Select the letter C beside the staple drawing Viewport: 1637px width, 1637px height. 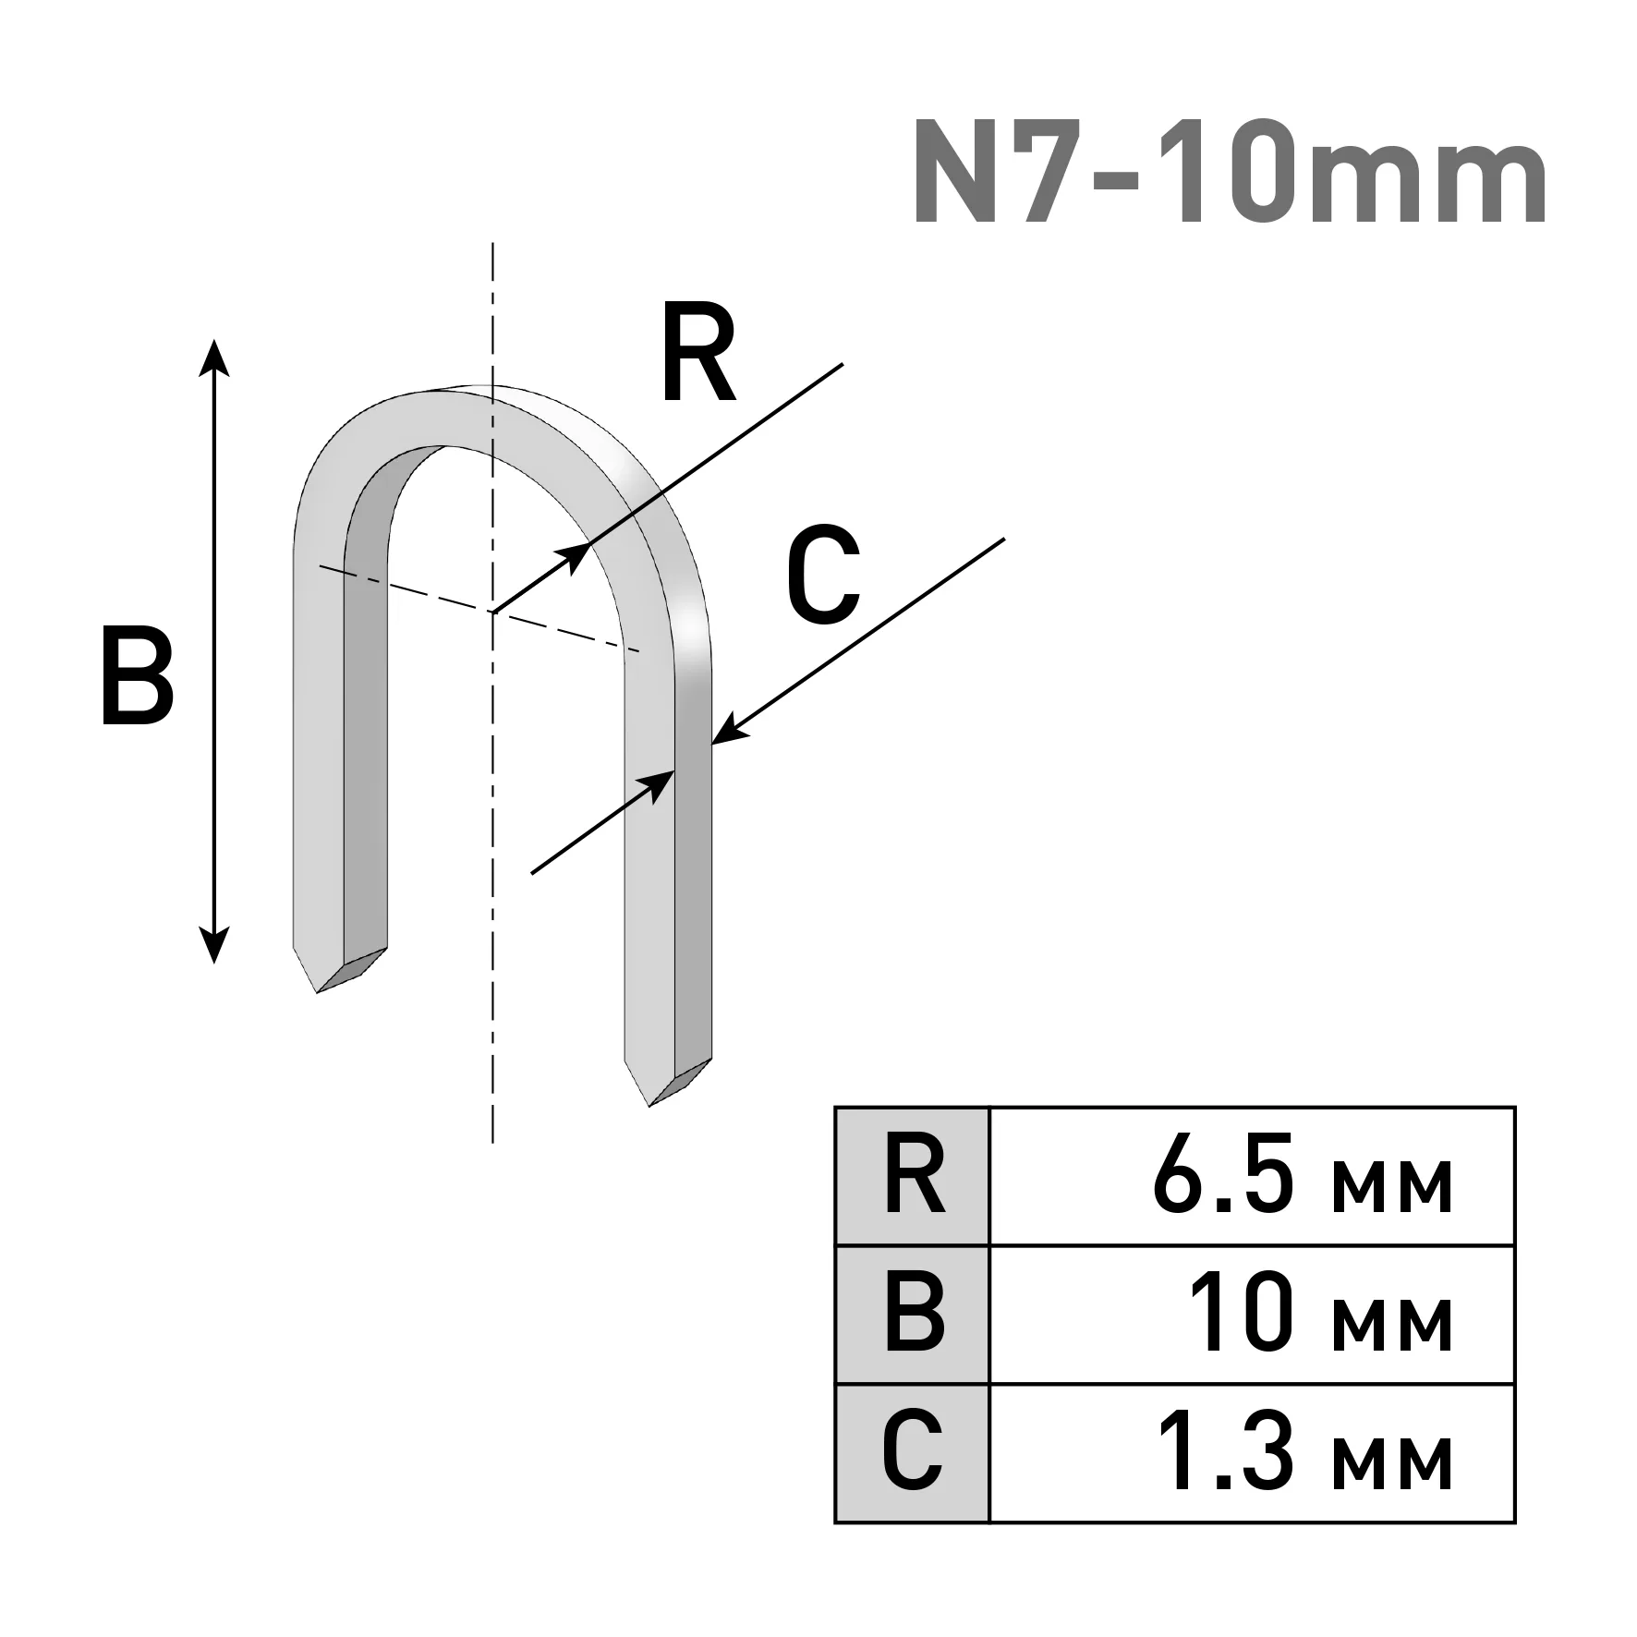(823, 574)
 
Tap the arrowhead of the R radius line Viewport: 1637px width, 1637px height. (575, 556)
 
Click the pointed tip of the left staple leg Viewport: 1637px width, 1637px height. (317, 992)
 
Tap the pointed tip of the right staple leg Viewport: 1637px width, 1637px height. (649, 1105)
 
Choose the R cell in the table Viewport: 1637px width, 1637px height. (912, 1176)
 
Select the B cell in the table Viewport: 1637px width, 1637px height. (912, 1316)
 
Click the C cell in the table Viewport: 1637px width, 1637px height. (912, 1454)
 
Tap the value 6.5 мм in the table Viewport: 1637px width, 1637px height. (1303, 1176)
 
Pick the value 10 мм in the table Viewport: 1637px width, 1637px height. (1320, 1315)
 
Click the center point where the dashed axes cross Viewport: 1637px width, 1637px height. (492, 611)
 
